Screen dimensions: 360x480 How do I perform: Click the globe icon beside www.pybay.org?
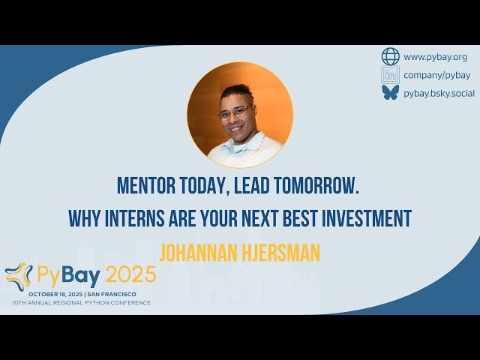click(390, 56)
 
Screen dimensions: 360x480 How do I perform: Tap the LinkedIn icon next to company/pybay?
click(390, 74)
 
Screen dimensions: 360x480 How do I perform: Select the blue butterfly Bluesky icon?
click(390, 92)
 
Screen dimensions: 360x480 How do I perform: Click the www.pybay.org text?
click(435, 56)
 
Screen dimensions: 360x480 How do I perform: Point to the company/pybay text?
click(437, 74)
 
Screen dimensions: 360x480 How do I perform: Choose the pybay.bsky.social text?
click(439, 93)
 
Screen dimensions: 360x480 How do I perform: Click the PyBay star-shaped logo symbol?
click(18, 275)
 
